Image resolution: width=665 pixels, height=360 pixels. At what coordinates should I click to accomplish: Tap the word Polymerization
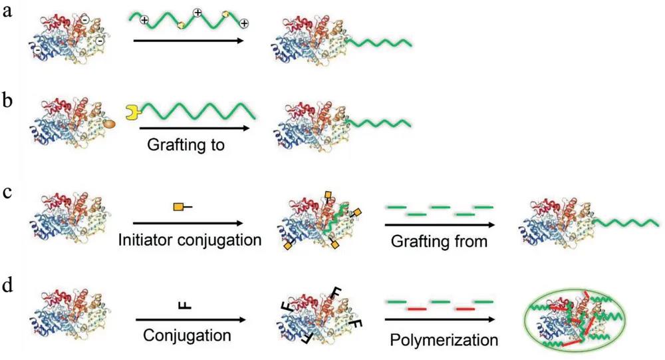tap(442, 340)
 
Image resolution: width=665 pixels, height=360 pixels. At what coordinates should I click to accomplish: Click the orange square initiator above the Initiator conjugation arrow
tap(179, 208)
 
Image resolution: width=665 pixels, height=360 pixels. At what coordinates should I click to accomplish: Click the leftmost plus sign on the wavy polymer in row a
tap(143, 21)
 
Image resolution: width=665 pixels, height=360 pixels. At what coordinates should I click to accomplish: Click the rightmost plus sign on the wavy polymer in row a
tap(244, 23)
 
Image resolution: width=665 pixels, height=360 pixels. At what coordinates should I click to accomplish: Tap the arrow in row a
tap(194, 41)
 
